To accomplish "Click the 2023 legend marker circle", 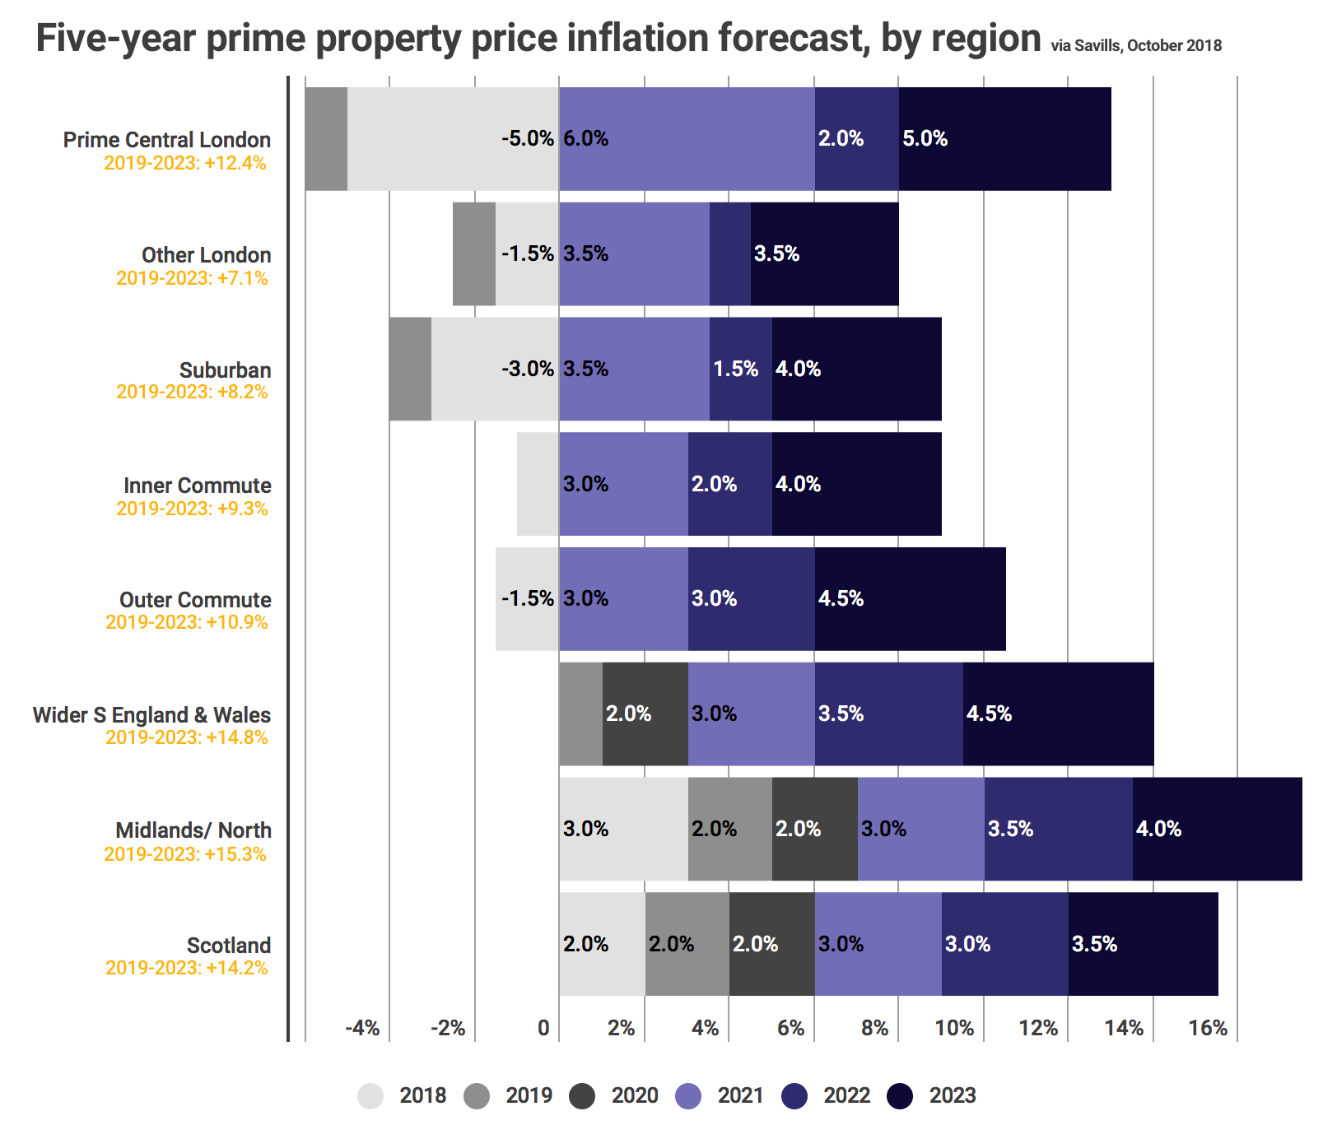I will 901,1096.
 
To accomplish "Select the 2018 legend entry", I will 403,1096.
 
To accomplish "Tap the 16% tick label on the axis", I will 1208,1028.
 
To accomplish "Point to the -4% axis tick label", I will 362,1028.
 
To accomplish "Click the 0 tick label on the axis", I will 543,1028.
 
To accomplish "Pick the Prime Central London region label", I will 167,140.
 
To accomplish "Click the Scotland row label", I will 229,946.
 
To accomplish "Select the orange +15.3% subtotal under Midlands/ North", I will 185,854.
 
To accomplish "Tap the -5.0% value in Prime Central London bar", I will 528,138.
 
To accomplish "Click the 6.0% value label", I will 585,138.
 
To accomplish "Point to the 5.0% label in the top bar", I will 925,138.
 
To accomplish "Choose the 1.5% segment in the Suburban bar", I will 736,369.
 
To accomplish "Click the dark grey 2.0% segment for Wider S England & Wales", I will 645,714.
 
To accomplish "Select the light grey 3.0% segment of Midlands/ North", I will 623,829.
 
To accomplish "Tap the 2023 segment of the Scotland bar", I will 1143,944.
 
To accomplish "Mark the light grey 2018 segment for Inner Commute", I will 538,484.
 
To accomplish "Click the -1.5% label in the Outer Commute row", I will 527,598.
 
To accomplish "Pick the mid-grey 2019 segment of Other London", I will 474,253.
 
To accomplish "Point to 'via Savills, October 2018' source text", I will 1136,46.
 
